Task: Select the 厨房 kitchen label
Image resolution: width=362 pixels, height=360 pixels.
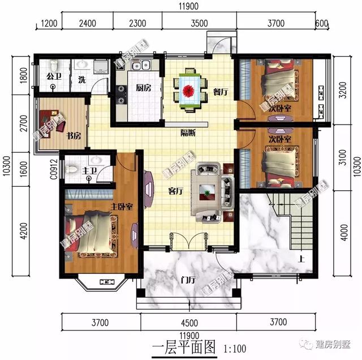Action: pyautogui.click(x=143, y=88)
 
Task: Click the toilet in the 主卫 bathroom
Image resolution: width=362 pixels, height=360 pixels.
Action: pyautogui.click(x=72, y=169)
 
